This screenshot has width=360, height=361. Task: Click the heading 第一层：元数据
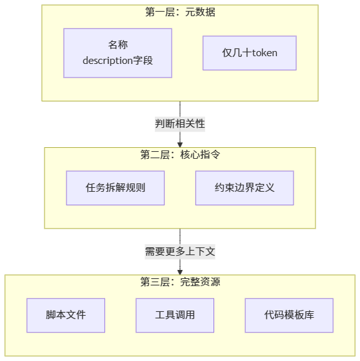[x=180, y=12]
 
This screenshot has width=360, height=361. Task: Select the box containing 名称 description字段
[x=118, y=53]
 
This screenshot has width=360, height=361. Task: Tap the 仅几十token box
[x=250, y=53]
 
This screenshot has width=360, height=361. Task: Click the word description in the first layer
[x=108, y=61]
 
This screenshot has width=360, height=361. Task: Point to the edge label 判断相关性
[x=180, y=124]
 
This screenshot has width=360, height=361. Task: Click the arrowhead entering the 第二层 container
[x=180, y=145]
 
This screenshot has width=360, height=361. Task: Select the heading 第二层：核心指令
[x=180, y=154]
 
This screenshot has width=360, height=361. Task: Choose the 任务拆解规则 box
[x=115, y=188]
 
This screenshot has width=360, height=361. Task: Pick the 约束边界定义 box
[x=245, y=188]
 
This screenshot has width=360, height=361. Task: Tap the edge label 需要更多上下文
[x=180, y=251]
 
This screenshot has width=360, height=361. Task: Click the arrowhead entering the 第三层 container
[x=180, y=272]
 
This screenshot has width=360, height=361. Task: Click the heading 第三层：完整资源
[x=180, y=282]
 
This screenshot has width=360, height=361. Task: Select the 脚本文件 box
[x=66, y=315]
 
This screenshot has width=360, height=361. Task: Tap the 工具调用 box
[x=175, y=315]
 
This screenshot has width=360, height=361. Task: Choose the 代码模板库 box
[x=289, y=315]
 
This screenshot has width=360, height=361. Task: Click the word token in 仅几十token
[x=265, y=53]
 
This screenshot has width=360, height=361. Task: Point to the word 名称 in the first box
[x=118, y=45]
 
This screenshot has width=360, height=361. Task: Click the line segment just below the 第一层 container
[x=180, y=109]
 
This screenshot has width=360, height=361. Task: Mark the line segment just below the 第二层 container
[x=180, y=236]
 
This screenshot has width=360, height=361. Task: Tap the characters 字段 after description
[x=143, y=61]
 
